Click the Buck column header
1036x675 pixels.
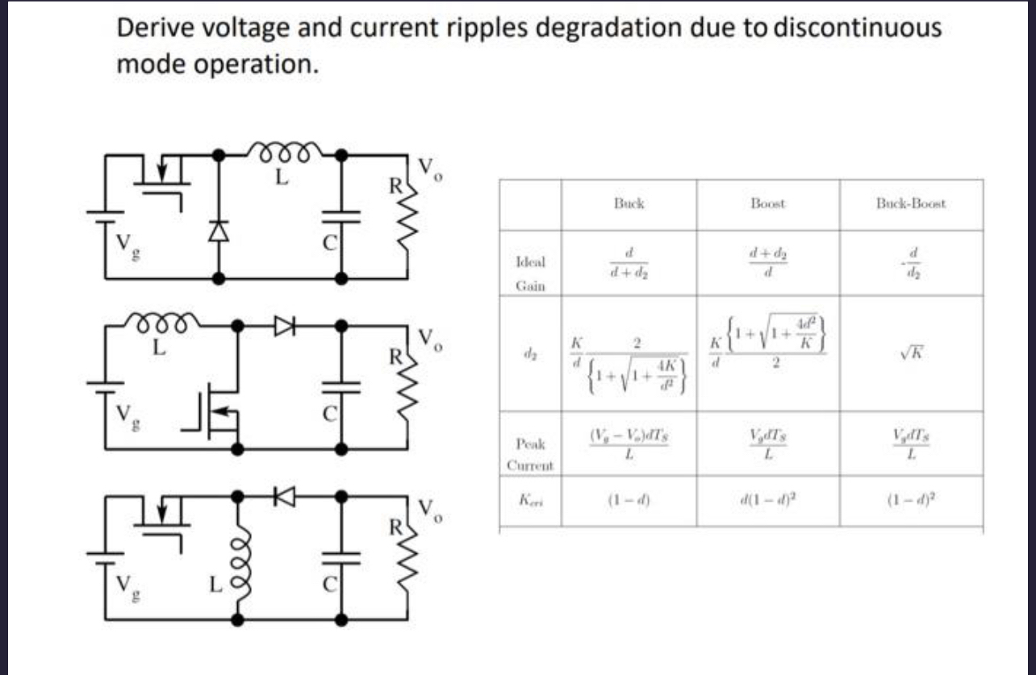629,204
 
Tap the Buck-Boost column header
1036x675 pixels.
911,204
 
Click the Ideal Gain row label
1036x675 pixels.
530,273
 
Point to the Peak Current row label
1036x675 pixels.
529,454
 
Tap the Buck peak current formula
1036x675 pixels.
629,444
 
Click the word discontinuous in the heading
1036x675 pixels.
857,28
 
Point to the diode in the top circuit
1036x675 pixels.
216,231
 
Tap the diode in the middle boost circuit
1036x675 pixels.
286,325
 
